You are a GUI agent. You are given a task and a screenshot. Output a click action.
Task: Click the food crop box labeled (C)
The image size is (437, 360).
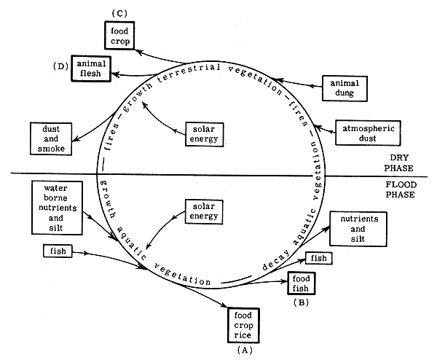point(119,35)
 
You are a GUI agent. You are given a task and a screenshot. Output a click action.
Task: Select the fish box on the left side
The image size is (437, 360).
point(53,252)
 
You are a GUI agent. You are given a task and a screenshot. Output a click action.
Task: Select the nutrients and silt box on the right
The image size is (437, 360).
point(358,228)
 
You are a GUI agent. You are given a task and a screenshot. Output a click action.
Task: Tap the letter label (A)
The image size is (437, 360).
point(242,350)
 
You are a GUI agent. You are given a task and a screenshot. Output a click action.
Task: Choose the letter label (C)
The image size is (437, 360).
point(119,12)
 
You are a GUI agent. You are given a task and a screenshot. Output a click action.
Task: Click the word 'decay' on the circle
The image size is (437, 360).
point(273,270)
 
